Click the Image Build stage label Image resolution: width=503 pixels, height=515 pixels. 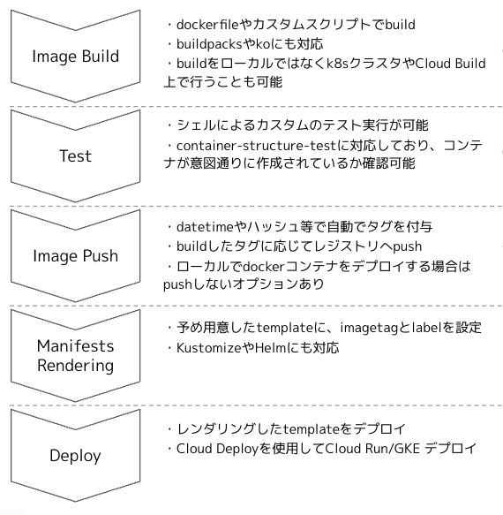(76, 57)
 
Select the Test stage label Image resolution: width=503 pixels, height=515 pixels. (76, 155)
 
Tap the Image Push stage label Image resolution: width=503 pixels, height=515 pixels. (76, 256)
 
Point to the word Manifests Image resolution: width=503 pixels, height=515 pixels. (76, 346)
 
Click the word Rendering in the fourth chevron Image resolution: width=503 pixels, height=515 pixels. (76, 366)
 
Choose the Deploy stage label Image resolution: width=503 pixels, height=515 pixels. (75, 456)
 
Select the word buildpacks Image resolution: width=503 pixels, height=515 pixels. (209, 44)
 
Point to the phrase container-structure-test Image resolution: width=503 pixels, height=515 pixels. (257, 146)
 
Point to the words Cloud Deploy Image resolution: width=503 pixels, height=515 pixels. (218, 449)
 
